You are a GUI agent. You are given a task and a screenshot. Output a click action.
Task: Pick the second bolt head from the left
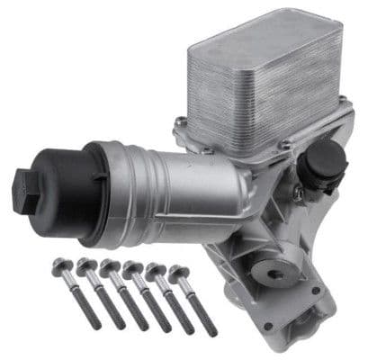[87, 265]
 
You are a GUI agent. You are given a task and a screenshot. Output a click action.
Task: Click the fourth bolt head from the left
[132, 267]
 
